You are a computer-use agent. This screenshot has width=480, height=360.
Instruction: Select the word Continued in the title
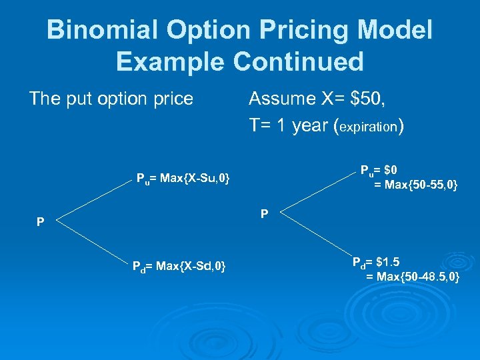[298, 62]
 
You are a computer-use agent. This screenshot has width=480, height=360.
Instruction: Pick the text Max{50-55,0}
[415, 185]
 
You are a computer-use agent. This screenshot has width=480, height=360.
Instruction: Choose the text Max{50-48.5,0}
[413, 276]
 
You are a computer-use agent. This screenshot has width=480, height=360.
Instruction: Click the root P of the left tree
[41, 221]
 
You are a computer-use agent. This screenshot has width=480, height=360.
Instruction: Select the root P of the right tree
[265, 215]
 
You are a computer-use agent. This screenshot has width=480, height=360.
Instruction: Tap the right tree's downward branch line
[316, 237]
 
